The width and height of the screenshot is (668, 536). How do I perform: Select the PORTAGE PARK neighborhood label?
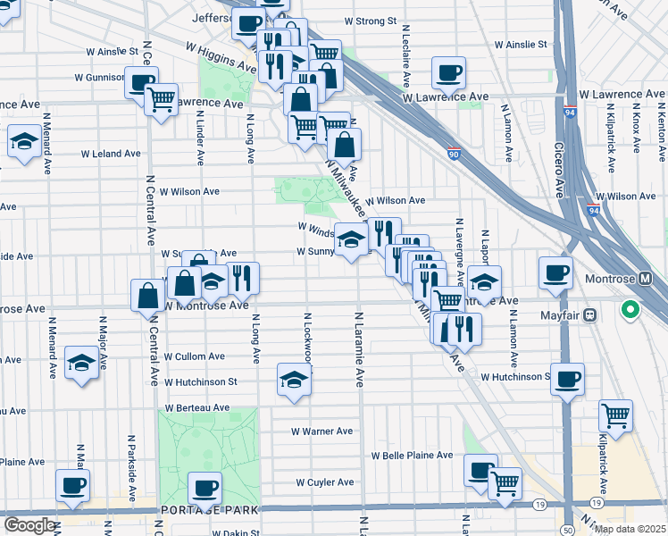(210, 509)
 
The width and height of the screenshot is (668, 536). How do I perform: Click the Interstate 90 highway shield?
(454, 154)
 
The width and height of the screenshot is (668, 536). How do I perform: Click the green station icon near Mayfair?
(630, 312)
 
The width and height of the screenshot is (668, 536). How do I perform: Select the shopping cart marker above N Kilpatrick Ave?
(614, 414)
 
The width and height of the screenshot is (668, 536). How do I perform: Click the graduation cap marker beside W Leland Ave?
(23, 141)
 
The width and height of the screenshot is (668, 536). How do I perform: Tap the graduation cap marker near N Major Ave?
(81, 363)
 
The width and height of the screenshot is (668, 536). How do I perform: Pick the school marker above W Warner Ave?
(294, 378)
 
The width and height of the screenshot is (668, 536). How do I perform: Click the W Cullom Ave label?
(195, 356)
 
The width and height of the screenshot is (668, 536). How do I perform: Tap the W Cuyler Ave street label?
(325, 482)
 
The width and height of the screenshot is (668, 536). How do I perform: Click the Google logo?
(29, 525)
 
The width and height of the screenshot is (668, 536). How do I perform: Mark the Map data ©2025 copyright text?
(630, 529)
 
